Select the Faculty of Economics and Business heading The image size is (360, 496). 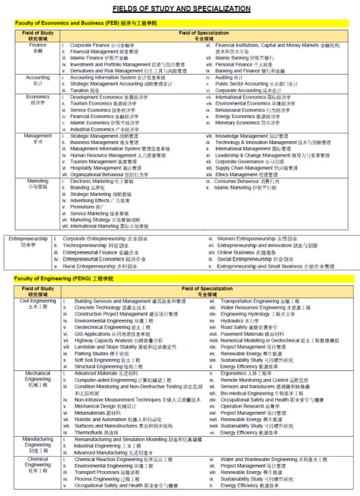pos(86,23)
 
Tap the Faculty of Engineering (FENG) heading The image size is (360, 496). pos(63,278)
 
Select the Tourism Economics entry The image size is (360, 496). pos(101,103)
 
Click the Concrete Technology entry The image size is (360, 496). pos(102,308)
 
